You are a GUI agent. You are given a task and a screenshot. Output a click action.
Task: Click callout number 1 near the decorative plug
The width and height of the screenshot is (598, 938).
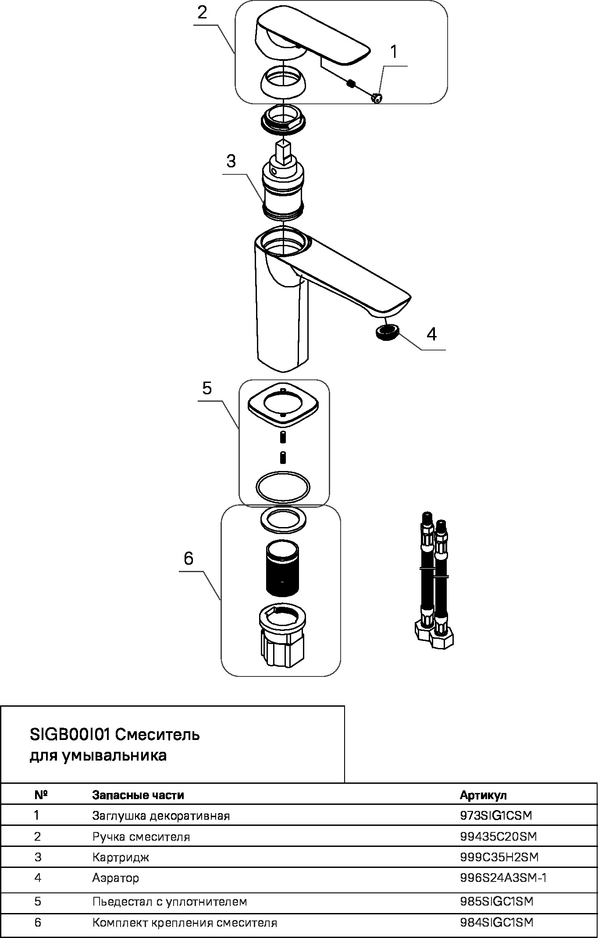pos(393,52)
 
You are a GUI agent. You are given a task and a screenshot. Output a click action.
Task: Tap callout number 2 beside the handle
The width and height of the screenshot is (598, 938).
pos(202,12)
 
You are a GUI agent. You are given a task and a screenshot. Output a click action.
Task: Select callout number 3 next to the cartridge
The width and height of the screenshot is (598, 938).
pos(231,161)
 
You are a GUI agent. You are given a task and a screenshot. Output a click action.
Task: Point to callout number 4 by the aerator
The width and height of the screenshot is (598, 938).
pos(431,334)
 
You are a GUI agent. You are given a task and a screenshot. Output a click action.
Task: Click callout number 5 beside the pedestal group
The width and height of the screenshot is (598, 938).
pos(207,388)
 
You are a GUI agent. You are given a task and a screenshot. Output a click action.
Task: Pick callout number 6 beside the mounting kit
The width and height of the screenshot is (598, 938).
pos(189,559)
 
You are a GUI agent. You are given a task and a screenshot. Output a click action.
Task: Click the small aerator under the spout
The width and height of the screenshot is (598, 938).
pos(387,333)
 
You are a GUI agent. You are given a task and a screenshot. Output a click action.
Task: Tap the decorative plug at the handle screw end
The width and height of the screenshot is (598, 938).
pos(377,99)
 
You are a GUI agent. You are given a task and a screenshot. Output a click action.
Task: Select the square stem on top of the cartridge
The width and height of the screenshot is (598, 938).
pos(283,152)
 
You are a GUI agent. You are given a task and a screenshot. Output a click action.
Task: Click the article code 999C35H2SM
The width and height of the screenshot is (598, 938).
pos(499,857)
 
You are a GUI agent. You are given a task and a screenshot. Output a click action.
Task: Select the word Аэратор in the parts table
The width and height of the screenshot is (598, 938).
pos(116,878)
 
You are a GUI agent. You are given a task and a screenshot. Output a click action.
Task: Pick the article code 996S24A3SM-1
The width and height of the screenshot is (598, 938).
pos(503,878)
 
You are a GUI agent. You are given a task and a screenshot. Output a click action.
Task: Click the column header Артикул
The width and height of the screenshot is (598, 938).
pos(483,795)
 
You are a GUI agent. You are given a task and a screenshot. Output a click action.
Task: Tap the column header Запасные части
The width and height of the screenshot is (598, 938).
pos(138,795)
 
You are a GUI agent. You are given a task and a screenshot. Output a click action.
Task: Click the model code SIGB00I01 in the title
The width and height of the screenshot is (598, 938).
pos(70,734)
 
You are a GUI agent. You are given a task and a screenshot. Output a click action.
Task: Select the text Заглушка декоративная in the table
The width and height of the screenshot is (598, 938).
pos(161,816)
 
